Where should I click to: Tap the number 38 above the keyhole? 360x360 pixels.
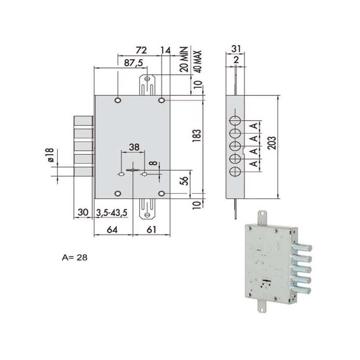point(134,147)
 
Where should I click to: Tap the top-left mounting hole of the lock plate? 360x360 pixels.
point(118,99)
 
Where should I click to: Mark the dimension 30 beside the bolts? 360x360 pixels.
point(82,212)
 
